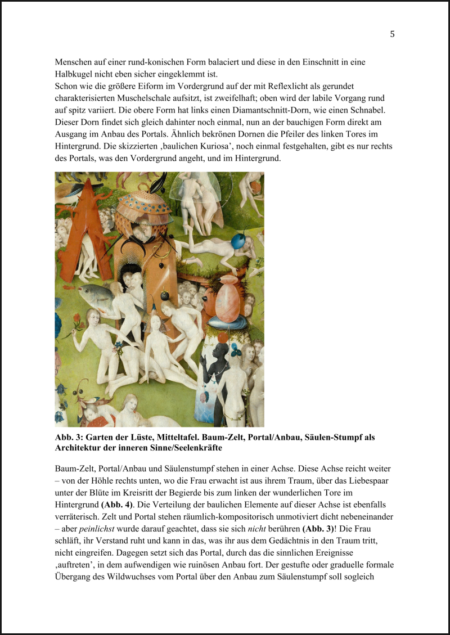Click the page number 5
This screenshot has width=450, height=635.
tap(392, 34)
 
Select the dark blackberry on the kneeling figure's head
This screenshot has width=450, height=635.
tap(165, 295)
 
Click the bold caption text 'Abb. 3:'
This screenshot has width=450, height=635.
tap(69, 438)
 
